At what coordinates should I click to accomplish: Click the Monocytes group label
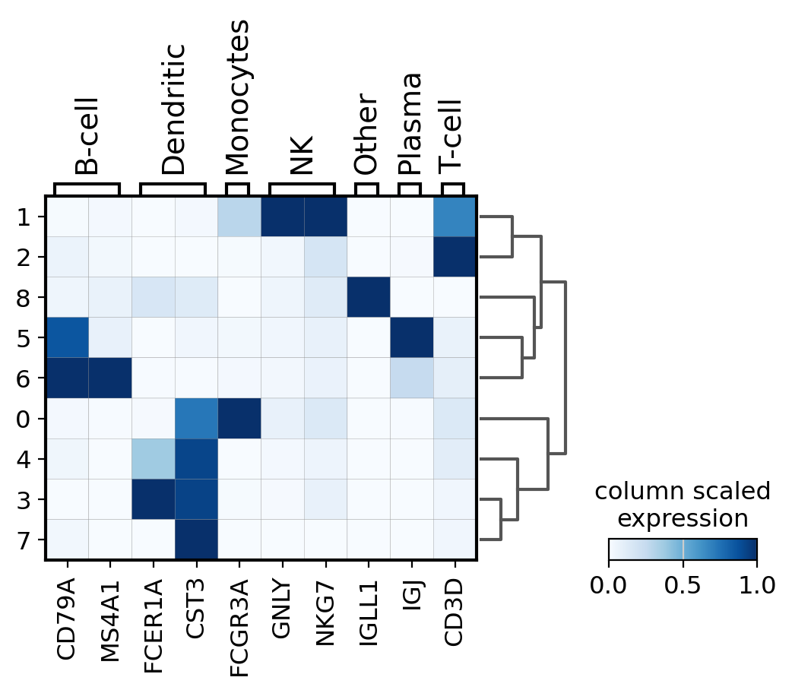[x=239, y=97]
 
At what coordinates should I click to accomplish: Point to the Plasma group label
[x=410, y=124]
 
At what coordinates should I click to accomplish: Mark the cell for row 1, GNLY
[x=283, y=217]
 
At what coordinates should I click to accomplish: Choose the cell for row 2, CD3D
[x=455, y=257]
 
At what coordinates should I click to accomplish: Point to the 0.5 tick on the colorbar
[x=683, y=584]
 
